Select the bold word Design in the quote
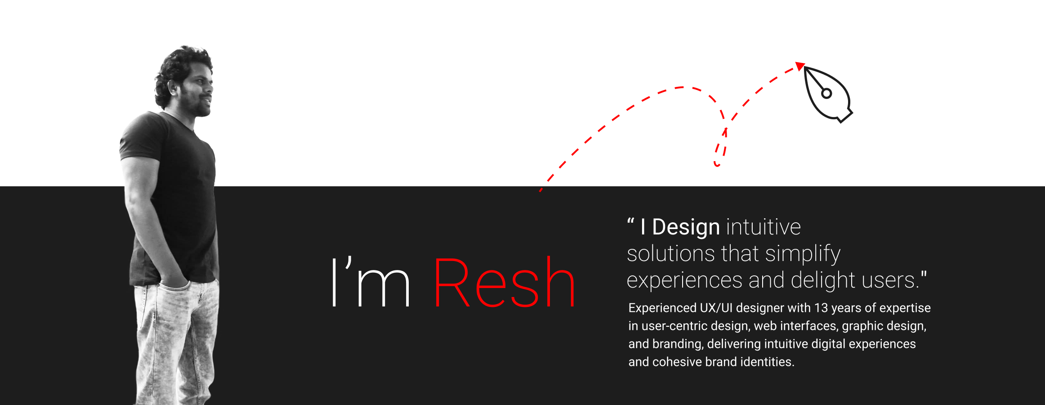686,228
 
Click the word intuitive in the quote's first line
764,227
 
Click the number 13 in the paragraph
821,308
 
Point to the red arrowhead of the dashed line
800,66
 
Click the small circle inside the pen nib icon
826,94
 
